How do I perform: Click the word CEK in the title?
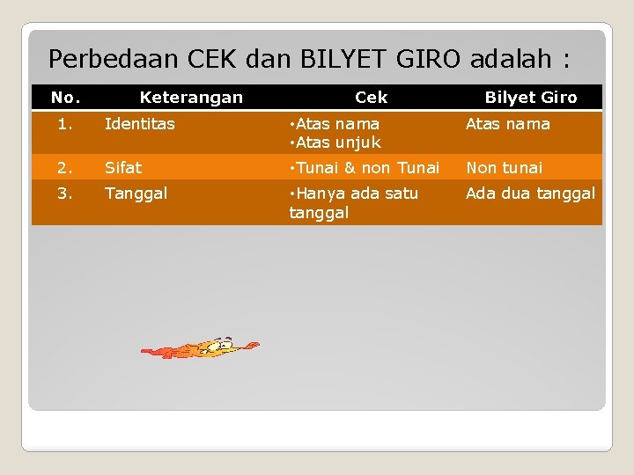point(213,59)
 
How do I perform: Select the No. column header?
point(65,97)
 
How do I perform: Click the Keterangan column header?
point(191,97)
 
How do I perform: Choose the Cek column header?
point(371,97)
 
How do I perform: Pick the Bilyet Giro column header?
point(531,97)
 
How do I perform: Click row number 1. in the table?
point(65,124)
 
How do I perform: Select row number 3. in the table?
point(65,193)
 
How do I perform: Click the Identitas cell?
point(140,124)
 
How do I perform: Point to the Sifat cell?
point(123,167)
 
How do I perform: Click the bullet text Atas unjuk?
point(338,142)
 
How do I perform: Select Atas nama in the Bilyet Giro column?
point(507,124)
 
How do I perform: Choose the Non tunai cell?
point(504,167)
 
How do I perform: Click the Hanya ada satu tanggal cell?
point(354,202)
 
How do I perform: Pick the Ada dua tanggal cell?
point(530,193)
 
